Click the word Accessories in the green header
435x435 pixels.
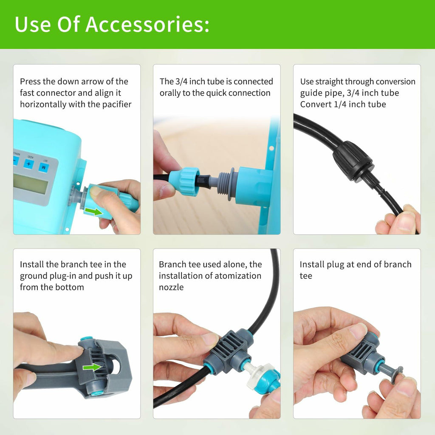click(x=147, y=24)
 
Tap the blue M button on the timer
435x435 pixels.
click(x=44, y=167)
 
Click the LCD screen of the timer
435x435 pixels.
click(x=31, y=184)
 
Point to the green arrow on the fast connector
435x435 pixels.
click(x=93, y=212)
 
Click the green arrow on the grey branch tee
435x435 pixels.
click(x=92, y=367)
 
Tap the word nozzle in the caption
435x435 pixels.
click(x=171, y=287)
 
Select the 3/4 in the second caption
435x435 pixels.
click(x=181, y=81)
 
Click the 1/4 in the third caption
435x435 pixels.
click(x=340, y=105)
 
